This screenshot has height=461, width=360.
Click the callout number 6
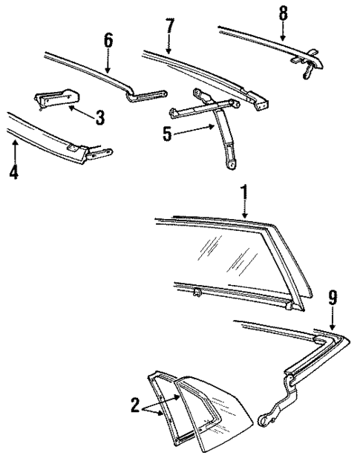click(x=108, y=39)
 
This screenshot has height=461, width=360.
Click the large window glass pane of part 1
click(x=223, y=252)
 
